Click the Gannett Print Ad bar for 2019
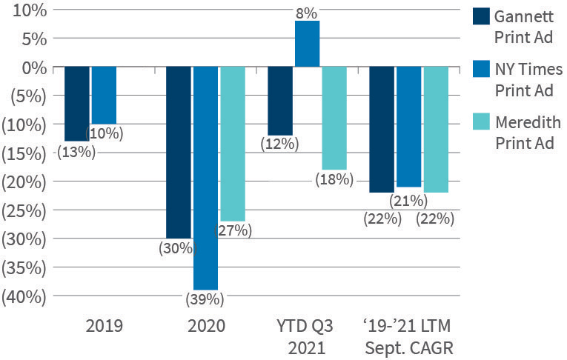[77, 103]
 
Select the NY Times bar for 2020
[205, 178]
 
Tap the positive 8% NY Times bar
[307, 44]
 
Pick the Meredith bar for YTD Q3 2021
[334, 118]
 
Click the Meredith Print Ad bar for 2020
[233, 143]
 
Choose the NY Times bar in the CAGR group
[408, 126]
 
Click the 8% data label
[306, 13]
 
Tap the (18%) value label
[334, 179]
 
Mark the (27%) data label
[233, 230]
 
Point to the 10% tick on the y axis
[28, 10]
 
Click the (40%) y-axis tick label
[24, 296]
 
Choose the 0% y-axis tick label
[32, 67]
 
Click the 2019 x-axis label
[104, 325]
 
